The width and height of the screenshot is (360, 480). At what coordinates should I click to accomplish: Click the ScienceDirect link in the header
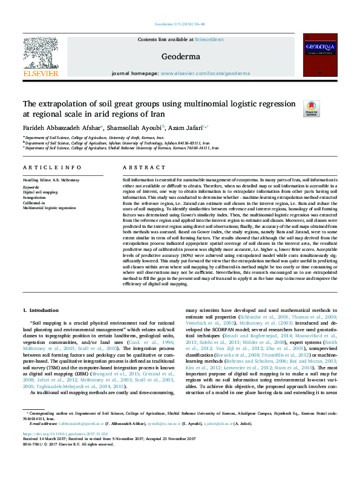pyautogui.click(x=209, y=39)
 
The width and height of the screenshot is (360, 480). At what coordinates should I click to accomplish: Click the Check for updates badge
pyautogui.click(x=311, y=108)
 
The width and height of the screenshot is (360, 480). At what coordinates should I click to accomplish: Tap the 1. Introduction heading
pyautogui.click(x=41, y=310)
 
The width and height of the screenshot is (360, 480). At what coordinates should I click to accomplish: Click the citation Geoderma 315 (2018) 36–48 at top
pyautogui.click(x=180, y=25)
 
